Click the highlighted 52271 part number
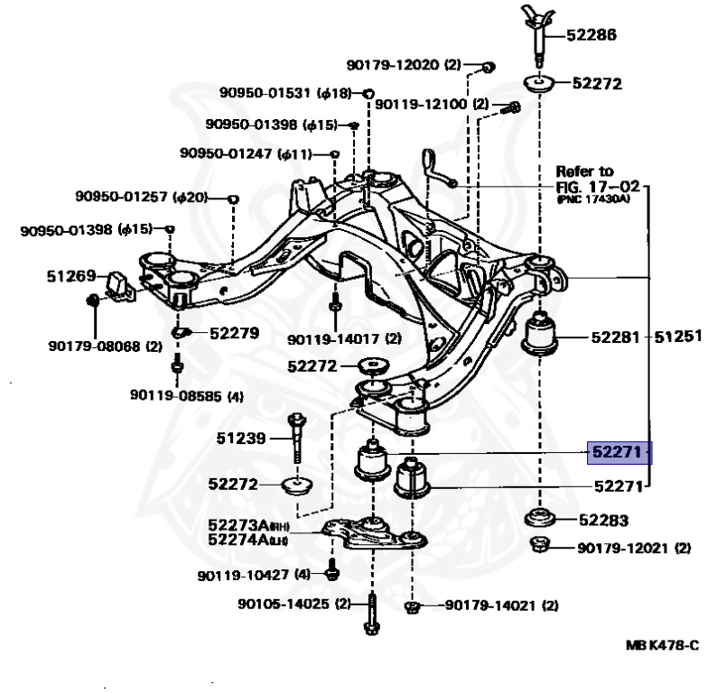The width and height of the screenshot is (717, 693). coord(619,452)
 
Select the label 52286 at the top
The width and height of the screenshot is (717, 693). coord(591,36)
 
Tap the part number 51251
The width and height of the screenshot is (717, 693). coord(678,337)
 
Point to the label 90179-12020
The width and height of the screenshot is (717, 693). coord(393,65)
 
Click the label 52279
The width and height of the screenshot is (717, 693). coord(234,332)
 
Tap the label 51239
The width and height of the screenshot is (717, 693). coord(241,439)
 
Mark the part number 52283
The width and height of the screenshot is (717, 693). coord(603,520)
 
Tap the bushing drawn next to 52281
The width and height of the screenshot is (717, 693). coord(540,335)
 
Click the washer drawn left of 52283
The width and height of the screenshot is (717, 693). coord(540,519)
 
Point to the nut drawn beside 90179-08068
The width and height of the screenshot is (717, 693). coord(91,300)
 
